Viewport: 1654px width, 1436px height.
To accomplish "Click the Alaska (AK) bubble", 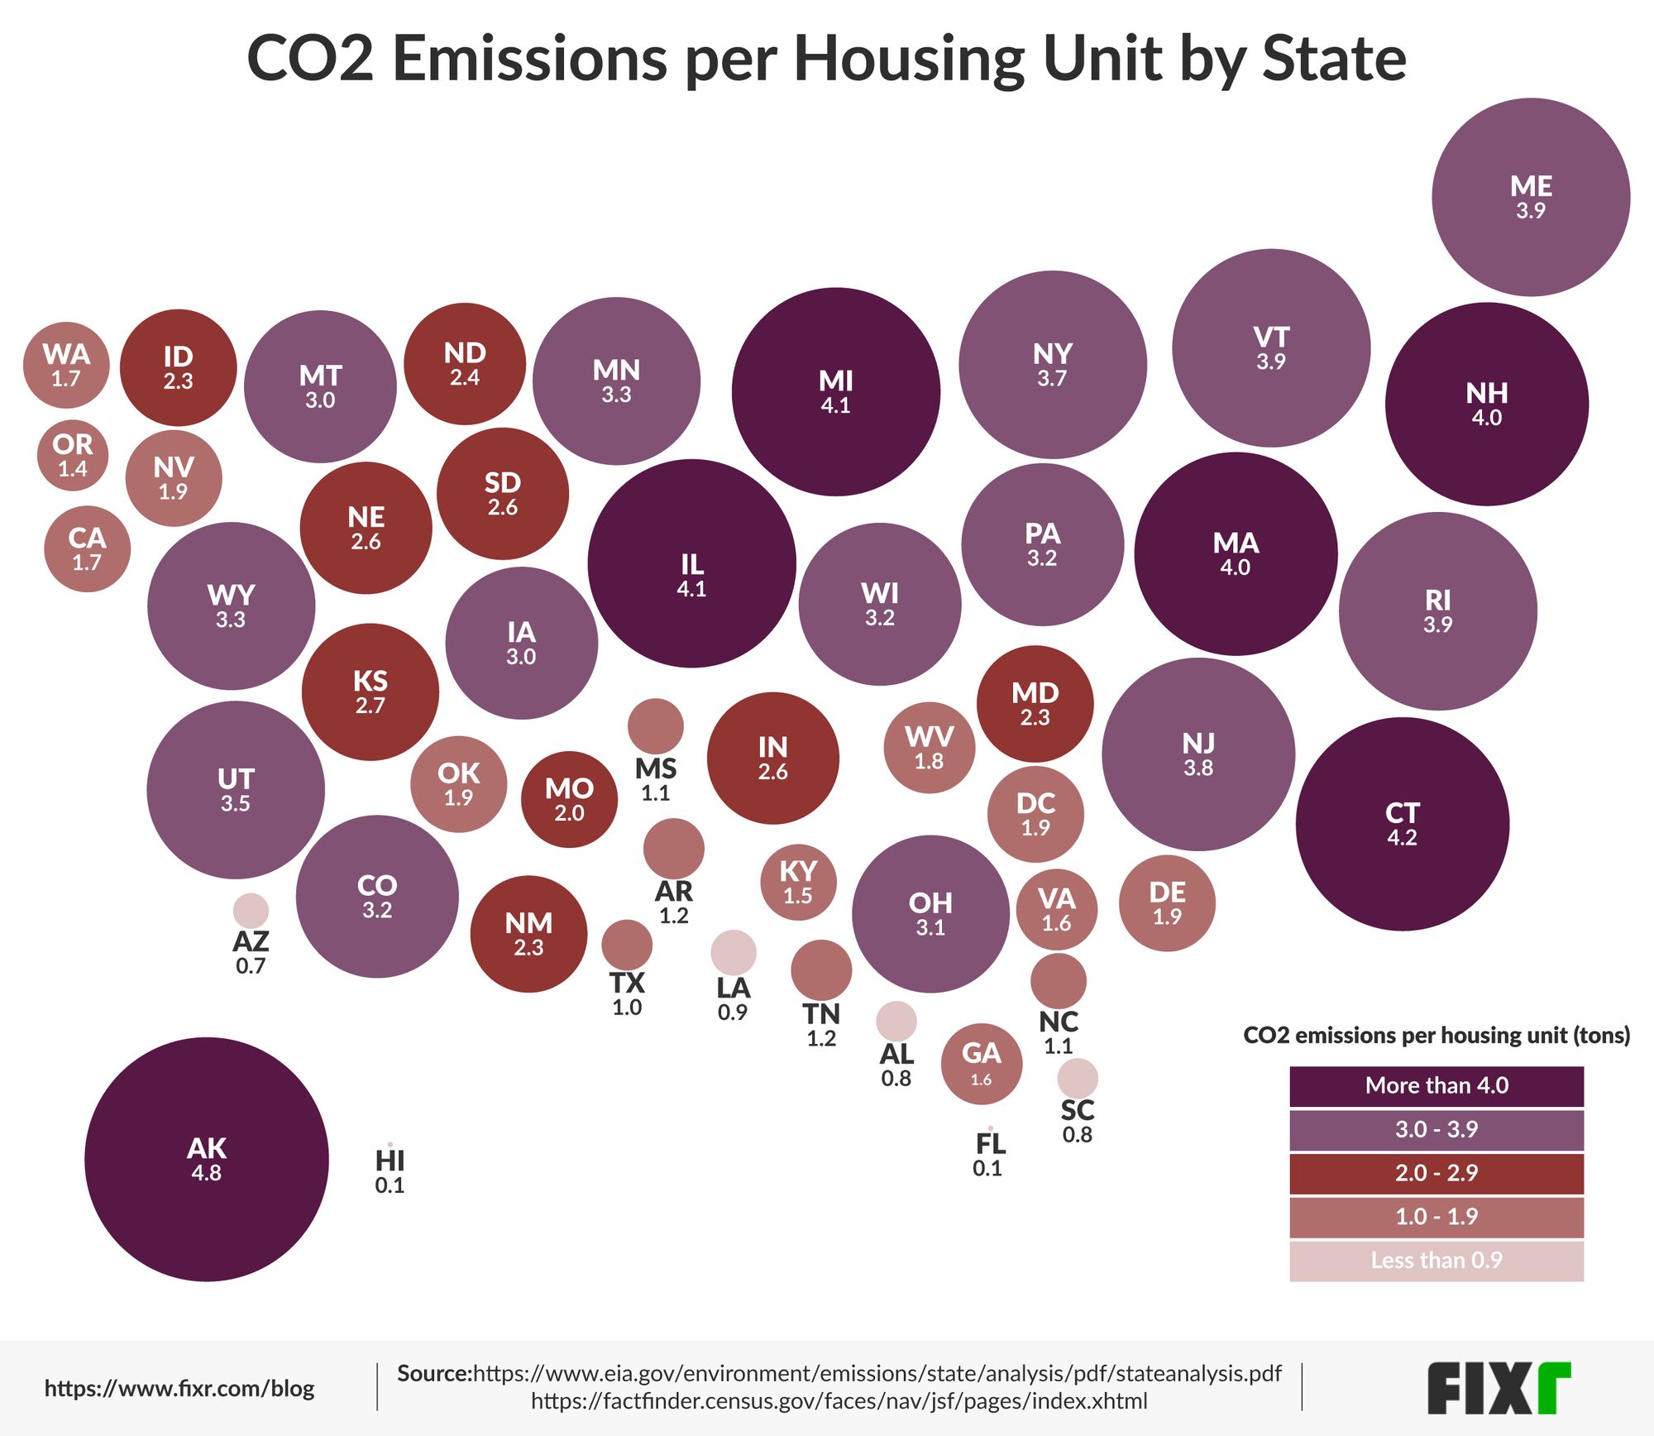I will (206, 1159).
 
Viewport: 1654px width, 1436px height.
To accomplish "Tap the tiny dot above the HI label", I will (390, 1144).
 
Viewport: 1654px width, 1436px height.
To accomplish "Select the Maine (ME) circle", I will (1531, 197).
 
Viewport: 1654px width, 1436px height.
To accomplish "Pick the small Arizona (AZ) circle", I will (251, 910).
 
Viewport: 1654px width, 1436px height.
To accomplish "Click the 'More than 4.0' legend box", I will (1436, 1085).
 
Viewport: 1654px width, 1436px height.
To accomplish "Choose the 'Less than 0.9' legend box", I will (1436, 1261).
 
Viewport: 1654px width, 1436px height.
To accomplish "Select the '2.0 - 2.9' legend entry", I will (1436, 1173).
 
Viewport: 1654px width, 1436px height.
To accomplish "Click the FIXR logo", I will (1498, 1389).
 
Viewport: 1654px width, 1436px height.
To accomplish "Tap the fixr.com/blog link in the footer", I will (179, 1389).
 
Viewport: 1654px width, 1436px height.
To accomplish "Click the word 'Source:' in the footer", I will (434, 1374).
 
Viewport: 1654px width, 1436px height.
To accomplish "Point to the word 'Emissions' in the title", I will (529, 60).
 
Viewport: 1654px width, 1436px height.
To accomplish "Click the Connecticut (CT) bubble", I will (1402, 824).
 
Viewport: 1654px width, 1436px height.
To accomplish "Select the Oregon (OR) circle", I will (73, 455).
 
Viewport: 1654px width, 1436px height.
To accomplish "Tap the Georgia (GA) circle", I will (981, 1064).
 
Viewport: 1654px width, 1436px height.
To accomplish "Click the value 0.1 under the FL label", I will (987, 1169).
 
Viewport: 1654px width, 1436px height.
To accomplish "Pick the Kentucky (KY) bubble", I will (798, 882).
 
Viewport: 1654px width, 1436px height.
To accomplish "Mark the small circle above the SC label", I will (1078, 1078).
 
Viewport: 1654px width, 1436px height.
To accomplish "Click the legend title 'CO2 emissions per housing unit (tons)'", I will (1436, 1036).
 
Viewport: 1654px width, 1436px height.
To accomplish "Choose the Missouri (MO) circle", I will (569, 799).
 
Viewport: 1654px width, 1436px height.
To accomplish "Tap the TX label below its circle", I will (627, 983).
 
